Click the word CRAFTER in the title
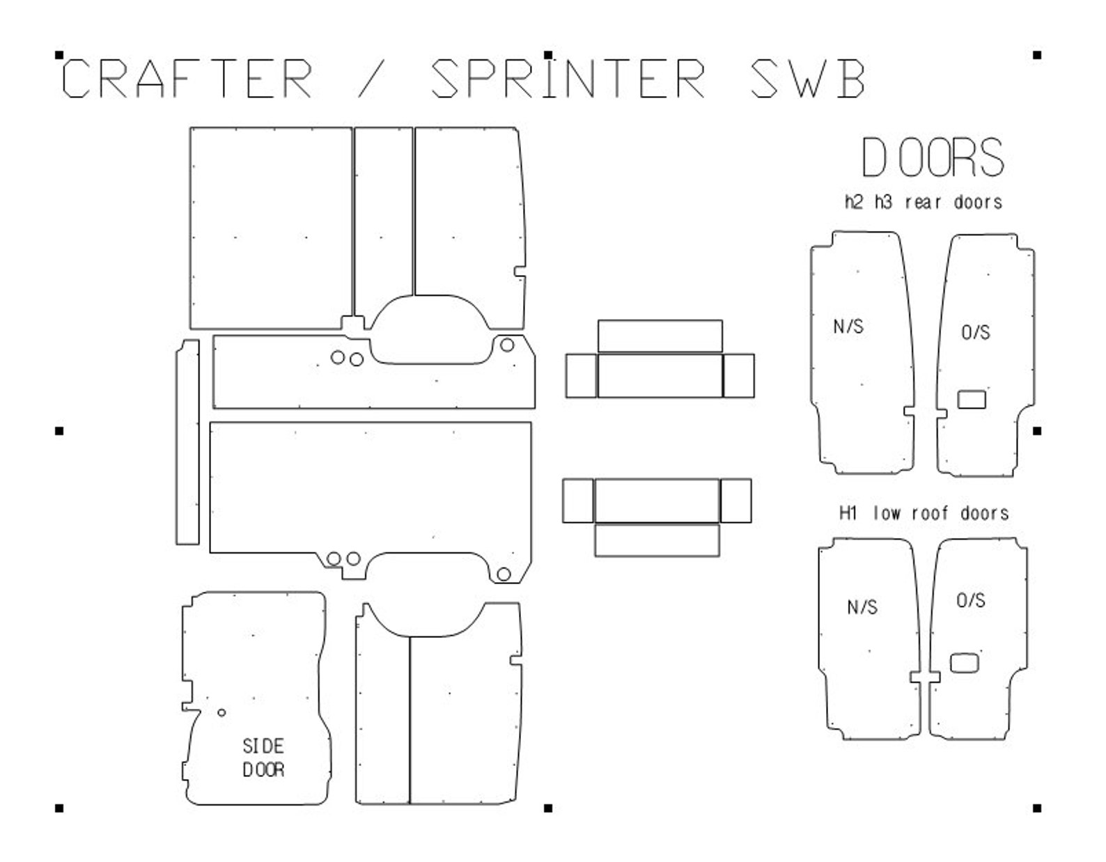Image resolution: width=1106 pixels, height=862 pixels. coord(187,78)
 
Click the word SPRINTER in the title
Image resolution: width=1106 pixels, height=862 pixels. coord(568,78)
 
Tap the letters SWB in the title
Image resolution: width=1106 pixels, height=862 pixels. coord(808,78)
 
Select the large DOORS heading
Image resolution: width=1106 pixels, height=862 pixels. coord(933,158)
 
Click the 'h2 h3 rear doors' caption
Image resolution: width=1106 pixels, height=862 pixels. coord(924,203)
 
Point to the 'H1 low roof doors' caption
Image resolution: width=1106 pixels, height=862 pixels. coord(924,514)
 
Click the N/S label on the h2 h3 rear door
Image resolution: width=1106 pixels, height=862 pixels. coord(848,326)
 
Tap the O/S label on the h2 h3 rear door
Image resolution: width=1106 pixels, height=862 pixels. coord(975,332)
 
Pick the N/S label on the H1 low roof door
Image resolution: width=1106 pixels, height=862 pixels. coord(862,607)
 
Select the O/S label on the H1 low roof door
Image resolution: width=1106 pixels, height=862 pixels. coord(970,600)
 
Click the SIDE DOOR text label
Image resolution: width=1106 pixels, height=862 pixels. coord(263,758)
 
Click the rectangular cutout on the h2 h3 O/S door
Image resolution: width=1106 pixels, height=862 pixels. coord(972,399)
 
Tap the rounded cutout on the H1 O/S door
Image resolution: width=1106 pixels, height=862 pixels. coord(965,663)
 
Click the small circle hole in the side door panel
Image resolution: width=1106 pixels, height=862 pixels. coord(221,712)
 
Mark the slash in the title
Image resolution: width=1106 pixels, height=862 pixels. coord(371,78)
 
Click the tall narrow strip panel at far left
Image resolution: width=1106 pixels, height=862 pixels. coord(187,442)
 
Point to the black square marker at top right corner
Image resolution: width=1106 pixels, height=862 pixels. coord(1037,55)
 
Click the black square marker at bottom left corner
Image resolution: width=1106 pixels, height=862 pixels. coord(59,808)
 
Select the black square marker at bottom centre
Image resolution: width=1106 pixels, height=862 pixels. coord(548,808)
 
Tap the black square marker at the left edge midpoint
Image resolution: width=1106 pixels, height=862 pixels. coord(59,431)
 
